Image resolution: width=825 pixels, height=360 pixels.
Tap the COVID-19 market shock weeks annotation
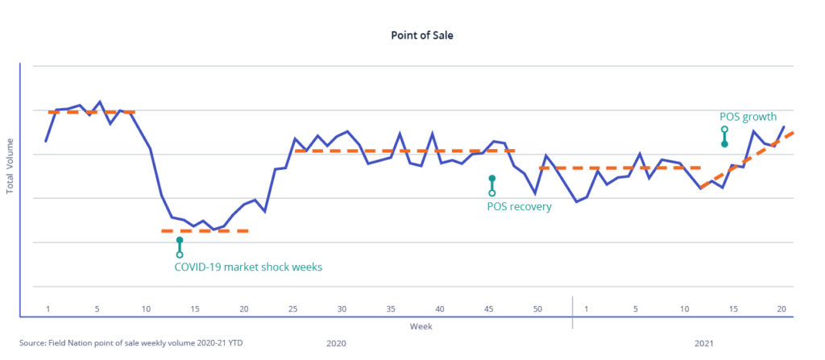click(248, 267)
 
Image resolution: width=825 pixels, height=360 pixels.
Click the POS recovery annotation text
click(519, 206)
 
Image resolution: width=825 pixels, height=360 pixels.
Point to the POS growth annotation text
click(748, 117)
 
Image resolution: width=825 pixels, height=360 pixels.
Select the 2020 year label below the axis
click(336, 343)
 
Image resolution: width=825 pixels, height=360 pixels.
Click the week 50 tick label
click(537, 309)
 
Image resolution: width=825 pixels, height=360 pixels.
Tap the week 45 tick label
click(488, 309)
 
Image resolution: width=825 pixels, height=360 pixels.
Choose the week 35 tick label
click(391, 309)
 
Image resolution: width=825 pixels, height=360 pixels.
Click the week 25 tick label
click(293, 309)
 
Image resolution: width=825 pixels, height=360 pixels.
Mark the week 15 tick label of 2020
click(195, 309)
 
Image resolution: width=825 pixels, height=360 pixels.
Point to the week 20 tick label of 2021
click(781, 309)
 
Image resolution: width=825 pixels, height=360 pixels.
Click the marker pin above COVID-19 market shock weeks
click(180, 247)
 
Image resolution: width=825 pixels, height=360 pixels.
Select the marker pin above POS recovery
click(491, 185)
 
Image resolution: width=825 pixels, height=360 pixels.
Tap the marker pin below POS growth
click(724, 136)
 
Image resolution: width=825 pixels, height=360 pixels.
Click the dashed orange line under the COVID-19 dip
click(205, 231)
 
